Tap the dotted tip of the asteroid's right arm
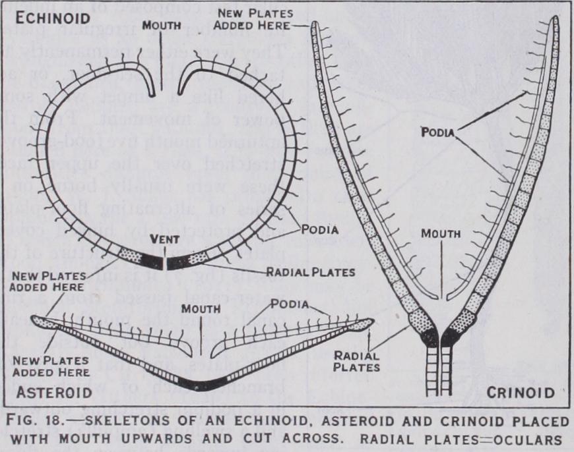pos(362,324)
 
